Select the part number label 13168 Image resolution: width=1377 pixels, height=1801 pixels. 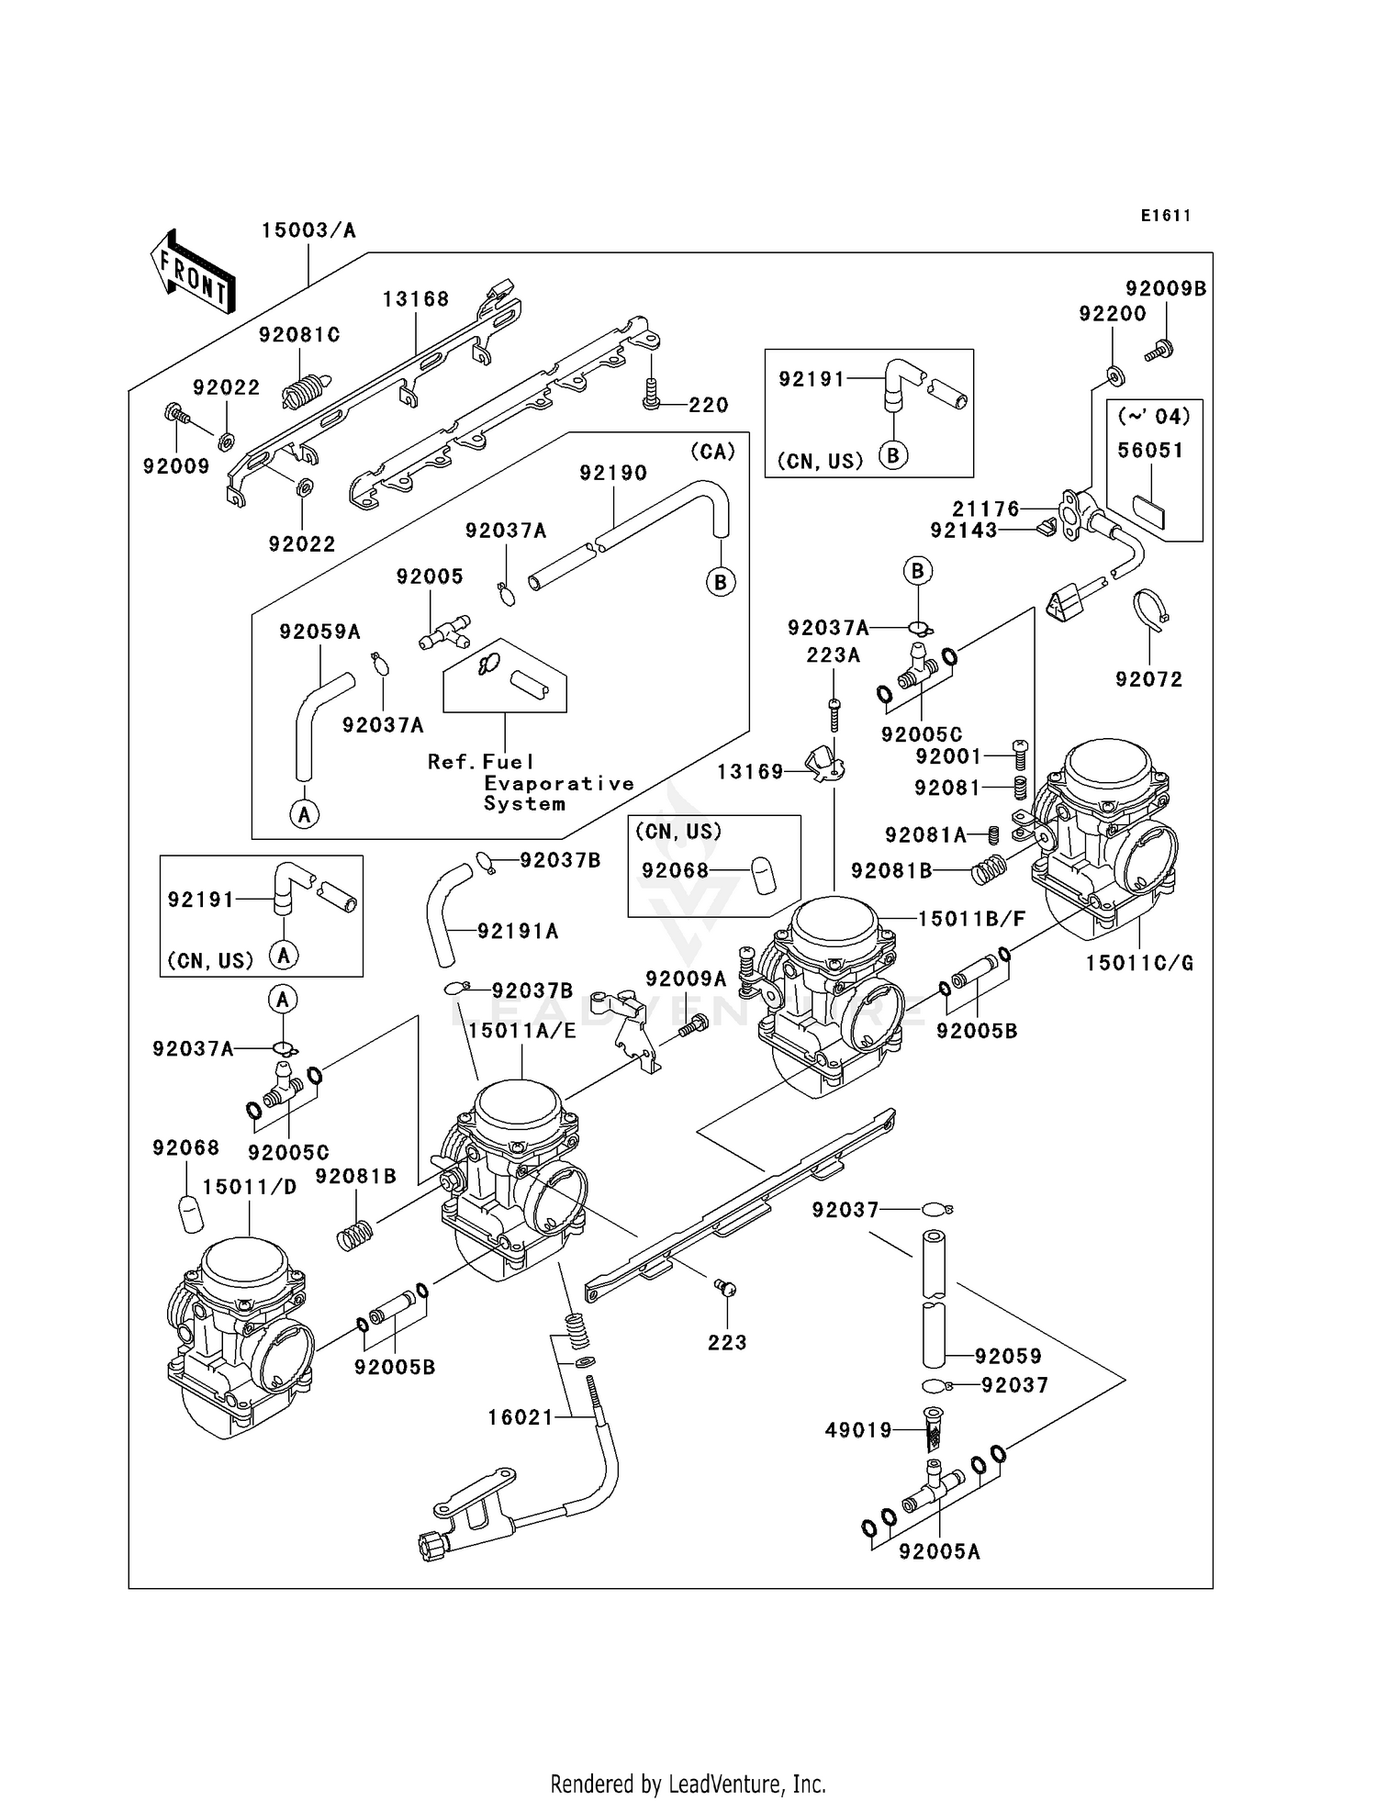pyautogui.click(x=416, y=299)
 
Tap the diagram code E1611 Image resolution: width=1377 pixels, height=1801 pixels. pyautogui.click(x=1166, y=216)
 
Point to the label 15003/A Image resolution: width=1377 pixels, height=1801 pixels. pyautogui.click(x=308, y=230)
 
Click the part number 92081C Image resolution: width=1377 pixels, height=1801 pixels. pyautogui.click(x=299, y=335)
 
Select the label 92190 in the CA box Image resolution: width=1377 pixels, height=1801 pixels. pyautogui.click(x=613, y=473)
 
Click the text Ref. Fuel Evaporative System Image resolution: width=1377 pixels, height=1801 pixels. pyautogui.click(x=531, y=782)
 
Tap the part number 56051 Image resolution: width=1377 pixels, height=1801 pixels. pyautogui.click(x=1150, y=450)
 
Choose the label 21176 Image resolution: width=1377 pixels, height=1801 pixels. pyautogui.click(x=985, y=509)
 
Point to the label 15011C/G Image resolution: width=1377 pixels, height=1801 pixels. pyautogui.click(x=1139, y=963)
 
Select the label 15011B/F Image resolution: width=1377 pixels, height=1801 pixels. pyautogui.click(x=971, y=919)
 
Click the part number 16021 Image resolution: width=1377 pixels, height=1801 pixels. pyautogui.click(x=521, y=1417)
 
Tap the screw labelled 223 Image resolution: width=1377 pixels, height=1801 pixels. pyautogui.click(x=726, y=1289)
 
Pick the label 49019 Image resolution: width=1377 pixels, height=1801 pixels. pyautogui.click(x=858, y=1429)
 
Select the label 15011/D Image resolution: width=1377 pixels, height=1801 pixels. pyautogui.click(x=250, y=1187)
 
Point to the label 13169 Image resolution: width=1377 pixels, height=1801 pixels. pyautogui.click(x=750, y=772)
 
